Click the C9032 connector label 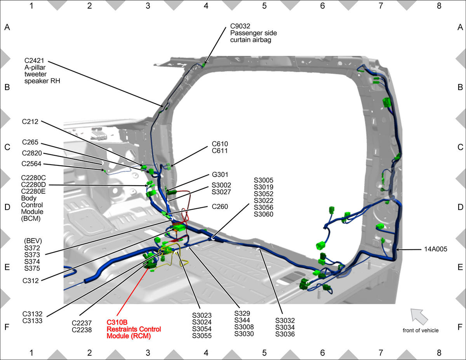click(240, 26)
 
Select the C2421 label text click(34, 61)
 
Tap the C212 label click(30, 122)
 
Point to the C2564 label click(31, 163)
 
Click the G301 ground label click(220, 174)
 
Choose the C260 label click(220, 207)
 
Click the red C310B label click(117, 322)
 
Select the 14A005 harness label click(436, 249)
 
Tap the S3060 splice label click(263, 214)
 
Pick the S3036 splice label click(285, 334)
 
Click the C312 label click(30, 281)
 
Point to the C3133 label click(32, 321)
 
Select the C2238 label click(82, 330)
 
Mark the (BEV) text click(33, 241)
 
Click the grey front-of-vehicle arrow click(419, 316)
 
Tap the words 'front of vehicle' click(421, 330)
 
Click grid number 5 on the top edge click(264, 6)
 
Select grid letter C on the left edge click(7, 147)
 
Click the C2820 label click(32, 153)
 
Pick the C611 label click(219, 151)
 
